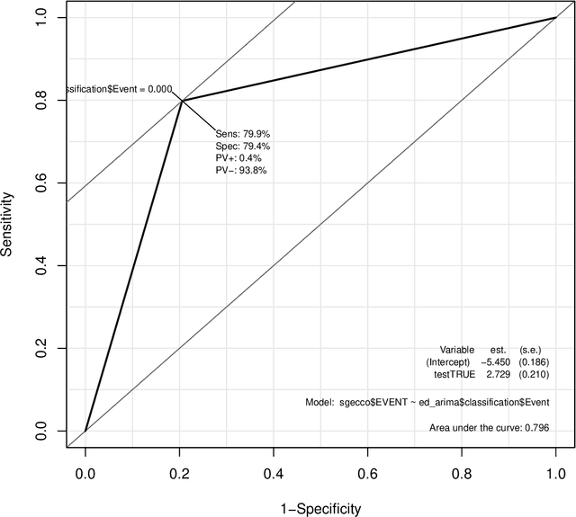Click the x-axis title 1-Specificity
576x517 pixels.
(x=319, y=508)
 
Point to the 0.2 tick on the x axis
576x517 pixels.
(x=180, y=449)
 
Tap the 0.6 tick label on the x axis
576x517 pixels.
(x=367, y=469)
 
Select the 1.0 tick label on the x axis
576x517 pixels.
(x=555, y=469)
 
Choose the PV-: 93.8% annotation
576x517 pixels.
(x=240, y=170)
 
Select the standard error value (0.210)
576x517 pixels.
(x=535, y=373)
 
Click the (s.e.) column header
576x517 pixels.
(x=535, y=349)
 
